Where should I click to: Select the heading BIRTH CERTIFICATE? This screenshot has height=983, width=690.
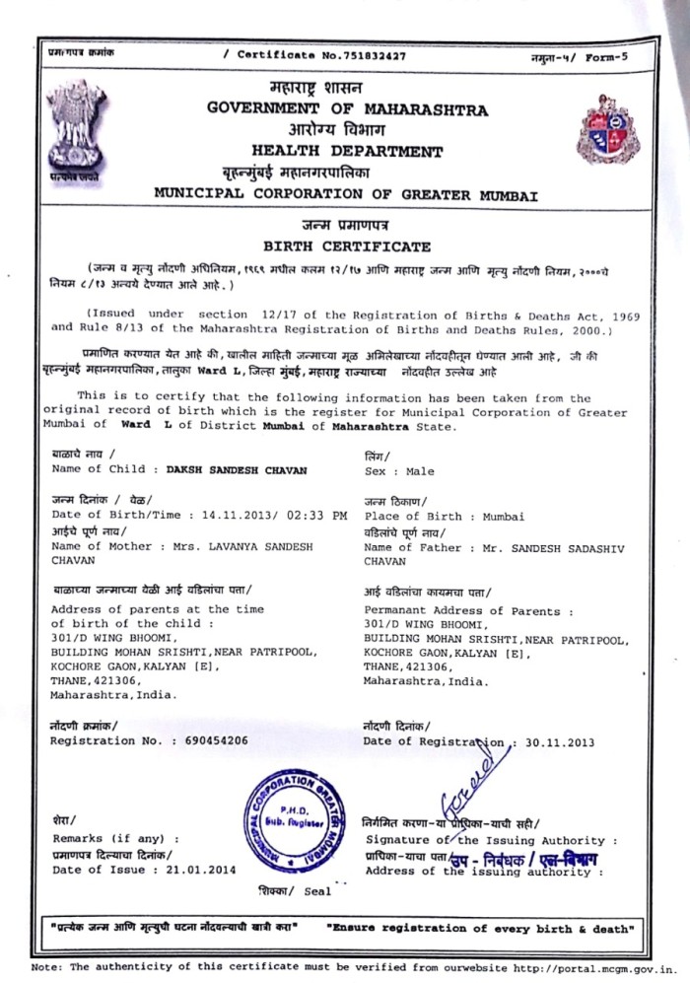[x=346, y=246]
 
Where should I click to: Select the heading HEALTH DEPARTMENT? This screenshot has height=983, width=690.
[x=347, y=152]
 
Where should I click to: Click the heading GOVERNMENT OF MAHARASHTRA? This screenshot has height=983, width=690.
[x=347, y=107]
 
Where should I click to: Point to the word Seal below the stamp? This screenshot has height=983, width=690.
[x=317, y=892]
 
